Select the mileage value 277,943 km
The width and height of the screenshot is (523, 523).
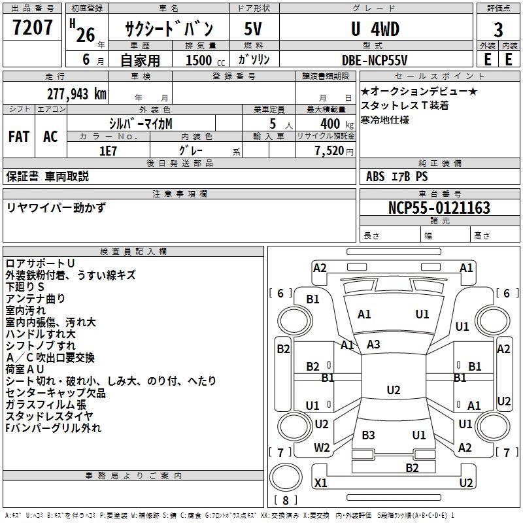76,93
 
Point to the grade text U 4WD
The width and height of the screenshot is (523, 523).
375,29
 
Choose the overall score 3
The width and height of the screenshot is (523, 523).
498,30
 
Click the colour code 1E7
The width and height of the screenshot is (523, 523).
108,149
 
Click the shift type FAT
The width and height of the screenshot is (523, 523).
19,137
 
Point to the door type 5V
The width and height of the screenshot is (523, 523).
253,29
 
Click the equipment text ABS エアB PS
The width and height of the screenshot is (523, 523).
397,176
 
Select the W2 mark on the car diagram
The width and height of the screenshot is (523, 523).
322,448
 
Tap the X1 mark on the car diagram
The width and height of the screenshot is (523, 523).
321,483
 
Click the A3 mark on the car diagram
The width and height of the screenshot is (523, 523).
373,345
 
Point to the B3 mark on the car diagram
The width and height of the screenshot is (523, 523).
368,435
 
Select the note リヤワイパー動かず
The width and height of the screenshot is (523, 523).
56,207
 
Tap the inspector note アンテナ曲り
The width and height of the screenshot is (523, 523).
35,299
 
